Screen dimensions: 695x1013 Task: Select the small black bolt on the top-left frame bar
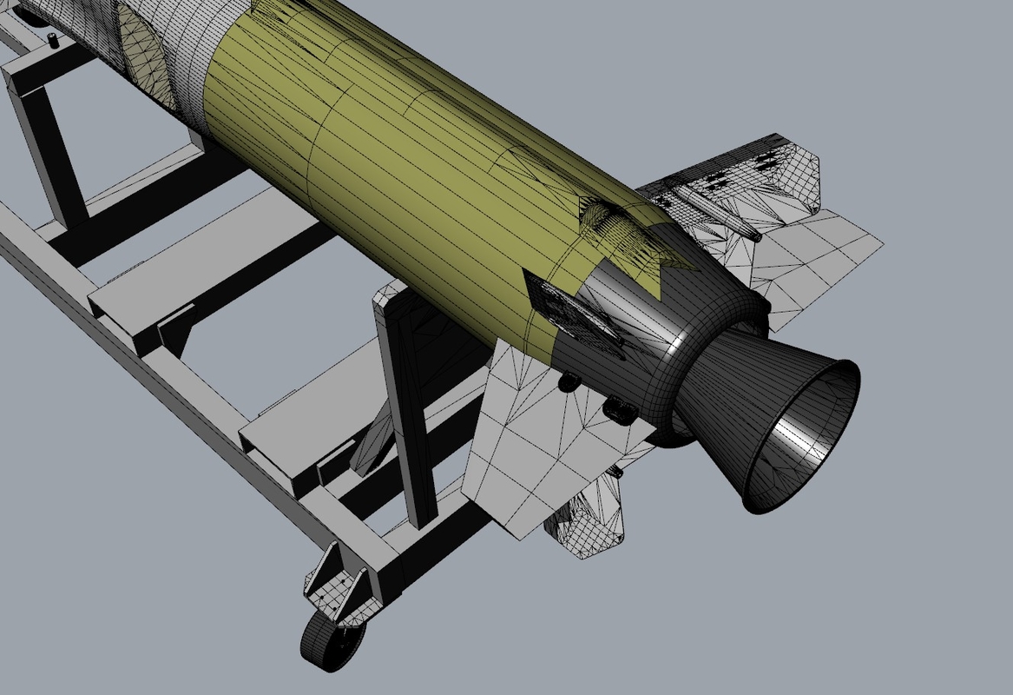point(53,38)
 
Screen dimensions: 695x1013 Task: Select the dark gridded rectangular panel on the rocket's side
point(577,317)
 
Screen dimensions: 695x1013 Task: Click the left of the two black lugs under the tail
point(569,381)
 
